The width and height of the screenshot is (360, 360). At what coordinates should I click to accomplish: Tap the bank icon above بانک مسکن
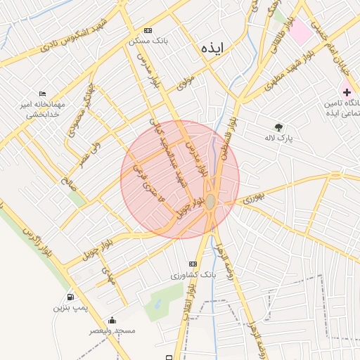coord(148,30)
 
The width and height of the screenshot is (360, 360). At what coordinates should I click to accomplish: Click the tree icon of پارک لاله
coord(279,127)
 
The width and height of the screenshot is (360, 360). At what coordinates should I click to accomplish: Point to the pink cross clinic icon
coord(347,92)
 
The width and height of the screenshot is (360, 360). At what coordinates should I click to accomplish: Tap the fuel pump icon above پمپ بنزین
coord(70,297)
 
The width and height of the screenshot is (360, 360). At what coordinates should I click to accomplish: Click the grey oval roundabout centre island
coord(210,201)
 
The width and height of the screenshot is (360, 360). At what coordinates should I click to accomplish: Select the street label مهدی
coord(108,274)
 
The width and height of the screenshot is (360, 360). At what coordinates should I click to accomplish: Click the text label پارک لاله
coord(278,139)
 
